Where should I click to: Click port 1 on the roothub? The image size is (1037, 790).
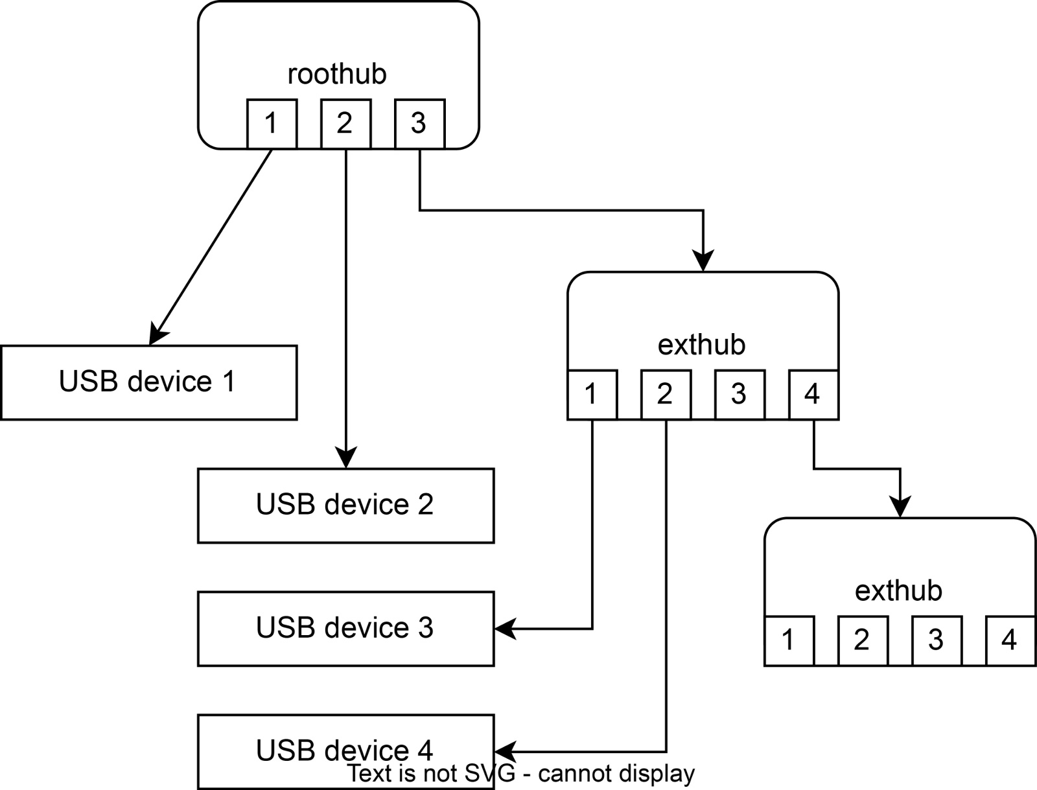pyautogui.click(x=272, y=124)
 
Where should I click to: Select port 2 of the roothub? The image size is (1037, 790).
pyautogui.click(x=345, y=124)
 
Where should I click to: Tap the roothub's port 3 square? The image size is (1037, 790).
pyautogui.click(x=419, y=124)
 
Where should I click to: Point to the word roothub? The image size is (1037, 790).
pyautogui.click(x=337, y=74)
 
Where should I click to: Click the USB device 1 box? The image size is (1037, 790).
pyautogui.click(x=148, y=382)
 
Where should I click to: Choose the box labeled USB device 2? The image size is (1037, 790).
pyautogui.click(x=345, y=505)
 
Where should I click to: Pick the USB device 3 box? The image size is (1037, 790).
pyautogui.click(x=345, y=629)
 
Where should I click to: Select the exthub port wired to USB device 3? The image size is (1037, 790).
pyautogui.click(x=592, y=395)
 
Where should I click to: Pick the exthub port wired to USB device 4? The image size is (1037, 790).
pyautogui.click(x=666, y=395)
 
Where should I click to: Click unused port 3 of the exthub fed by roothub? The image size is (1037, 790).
pyautogui.click(x=740, y=395)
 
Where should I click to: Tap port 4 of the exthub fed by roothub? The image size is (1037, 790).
pyautogui.click(x=813, y=395)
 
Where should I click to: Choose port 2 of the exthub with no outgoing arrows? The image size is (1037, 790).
pyautogui.click(x=863, y=641)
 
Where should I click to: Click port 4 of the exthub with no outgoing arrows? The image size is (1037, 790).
pyautogui.click(x=1010, y=641)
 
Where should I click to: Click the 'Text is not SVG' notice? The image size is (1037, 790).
pyautogui.click(x=520, y=774)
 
